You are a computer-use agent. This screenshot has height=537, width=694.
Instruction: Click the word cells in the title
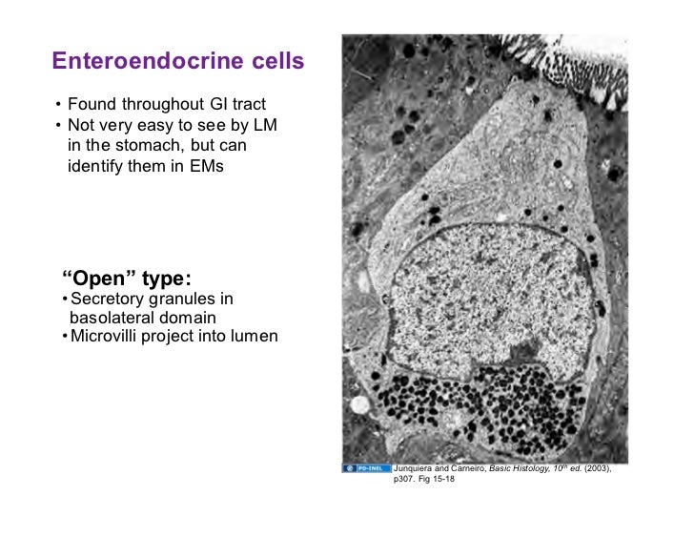pos(276,62)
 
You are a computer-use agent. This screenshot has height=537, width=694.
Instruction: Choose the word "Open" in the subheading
pos(97,279)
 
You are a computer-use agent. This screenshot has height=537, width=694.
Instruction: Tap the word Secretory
pos(107,300)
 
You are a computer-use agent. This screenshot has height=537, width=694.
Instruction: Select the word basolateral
pos(108,318)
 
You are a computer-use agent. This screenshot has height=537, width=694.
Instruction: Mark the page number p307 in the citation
pos(405,484)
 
